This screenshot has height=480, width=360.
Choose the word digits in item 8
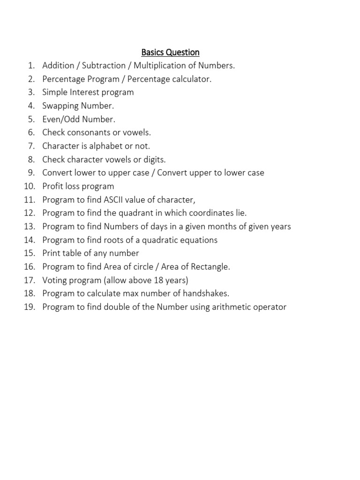point(153,159)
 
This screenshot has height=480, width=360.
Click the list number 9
point(31,173)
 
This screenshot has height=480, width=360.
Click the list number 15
point(30,253)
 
